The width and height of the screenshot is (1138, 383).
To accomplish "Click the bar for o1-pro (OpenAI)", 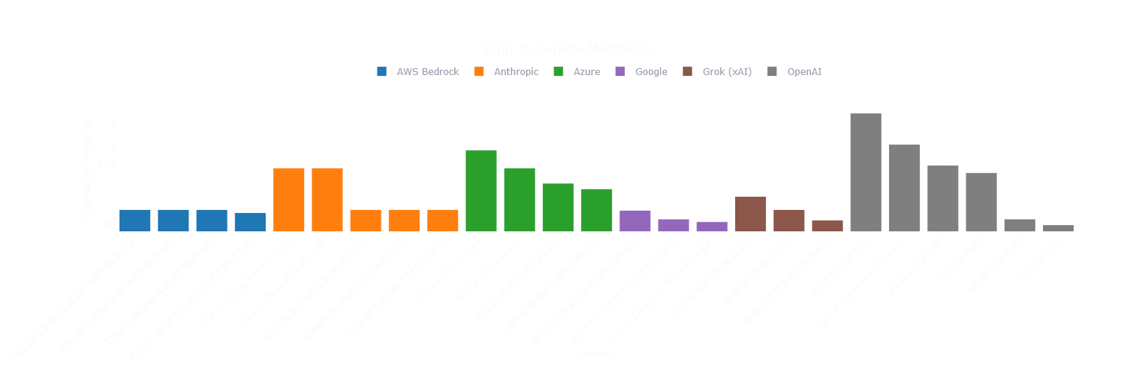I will [865, 172].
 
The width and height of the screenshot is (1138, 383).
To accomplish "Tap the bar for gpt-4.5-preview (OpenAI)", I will [904, 188].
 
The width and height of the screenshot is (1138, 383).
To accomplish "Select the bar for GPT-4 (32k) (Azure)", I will [481, 191].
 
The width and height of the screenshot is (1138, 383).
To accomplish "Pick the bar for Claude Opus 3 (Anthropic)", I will [289, 199].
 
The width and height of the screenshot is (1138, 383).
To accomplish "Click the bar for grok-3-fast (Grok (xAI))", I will [750, 214].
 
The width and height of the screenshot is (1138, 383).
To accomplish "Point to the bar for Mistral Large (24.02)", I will [250, 222].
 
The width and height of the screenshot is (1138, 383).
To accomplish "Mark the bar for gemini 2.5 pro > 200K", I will [635, 221].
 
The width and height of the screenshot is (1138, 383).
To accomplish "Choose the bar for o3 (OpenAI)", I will [1058, 228].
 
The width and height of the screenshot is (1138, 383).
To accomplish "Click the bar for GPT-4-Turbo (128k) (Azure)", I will [597, 210].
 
